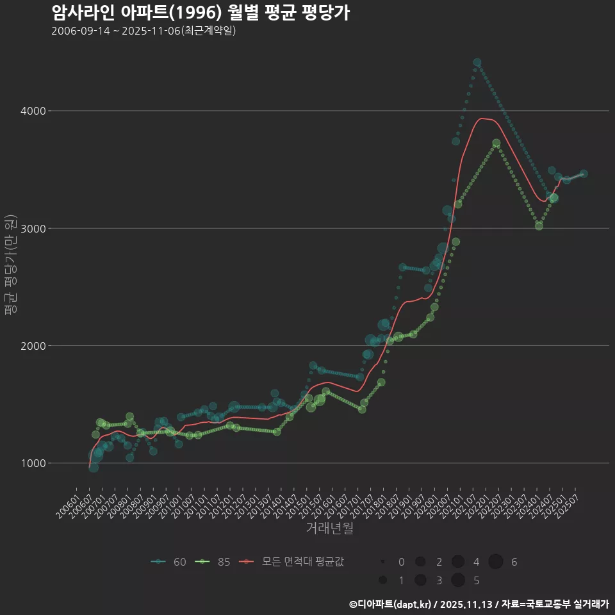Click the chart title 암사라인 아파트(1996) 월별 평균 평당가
click(x=200, y=13)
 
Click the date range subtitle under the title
click(x=143, y=31)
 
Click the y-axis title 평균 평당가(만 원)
click(x=10, y=266)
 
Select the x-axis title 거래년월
click(x=329, y=529)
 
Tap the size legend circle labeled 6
click(x=496, y=562)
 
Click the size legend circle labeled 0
click(x=382, y=562)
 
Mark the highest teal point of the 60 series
click(x=477, y=63)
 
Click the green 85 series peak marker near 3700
click(x=496, y=143)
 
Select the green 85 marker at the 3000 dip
click(x=539, y=226)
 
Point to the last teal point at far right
click(x=583, y=174)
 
